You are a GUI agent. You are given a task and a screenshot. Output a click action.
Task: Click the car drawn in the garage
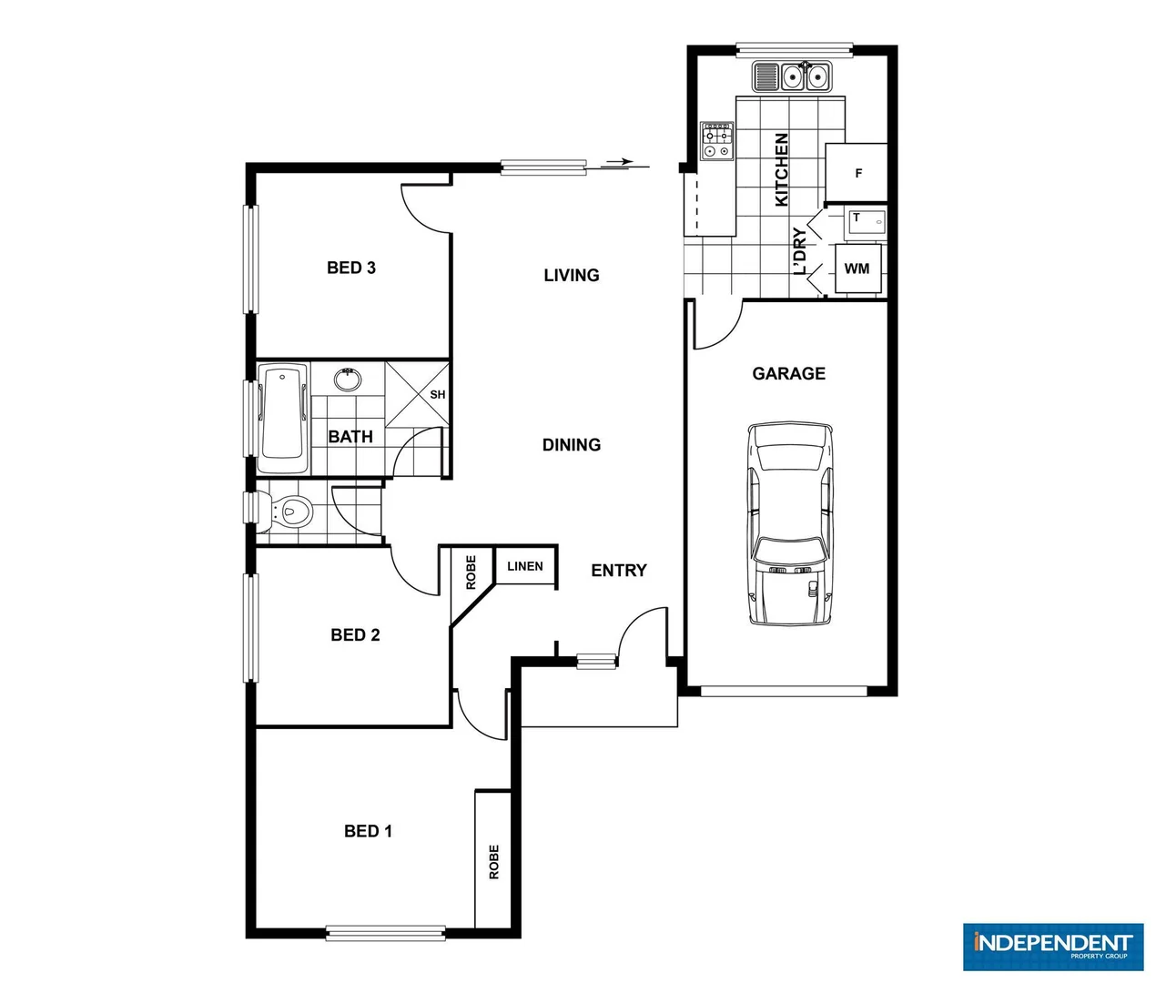789,523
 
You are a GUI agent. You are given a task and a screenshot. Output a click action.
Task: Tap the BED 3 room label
351,268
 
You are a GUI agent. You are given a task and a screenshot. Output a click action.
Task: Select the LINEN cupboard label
524,566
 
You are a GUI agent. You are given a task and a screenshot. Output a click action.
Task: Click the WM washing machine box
857,269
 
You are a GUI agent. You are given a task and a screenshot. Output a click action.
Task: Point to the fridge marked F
857,173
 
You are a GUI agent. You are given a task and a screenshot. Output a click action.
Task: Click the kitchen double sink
793,76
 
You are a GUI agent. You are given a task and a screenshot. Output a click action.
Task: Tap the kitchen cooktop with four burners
717,141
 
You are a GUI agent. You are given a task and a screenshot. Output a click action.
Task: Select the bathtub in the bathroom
283,419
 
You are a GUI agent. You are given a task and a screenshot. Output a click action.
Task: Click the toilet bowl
289,512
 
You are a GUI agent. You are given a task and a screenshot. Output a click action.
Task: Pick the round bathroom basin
347,379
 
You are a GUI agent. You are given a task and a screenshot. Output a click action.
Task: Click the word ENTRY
619,571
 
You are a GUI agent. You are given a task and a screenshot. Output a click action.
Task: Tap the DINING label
572,445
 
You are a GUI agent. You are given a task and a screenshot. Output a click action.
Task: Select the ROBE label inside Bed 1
494,861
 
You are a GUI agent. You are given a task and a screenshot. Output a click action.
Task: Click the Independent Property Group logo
1052,947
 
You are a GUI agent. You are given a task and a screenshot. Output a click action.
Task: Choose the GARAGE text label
789,373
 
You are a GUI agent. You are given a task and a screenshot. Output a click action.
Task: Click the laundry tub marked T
864,221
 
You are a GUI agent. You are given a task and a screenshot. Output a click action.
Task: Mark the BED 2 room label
355,635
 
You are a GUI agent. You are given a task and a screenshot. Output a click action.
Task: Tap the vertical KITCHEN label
781,169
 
